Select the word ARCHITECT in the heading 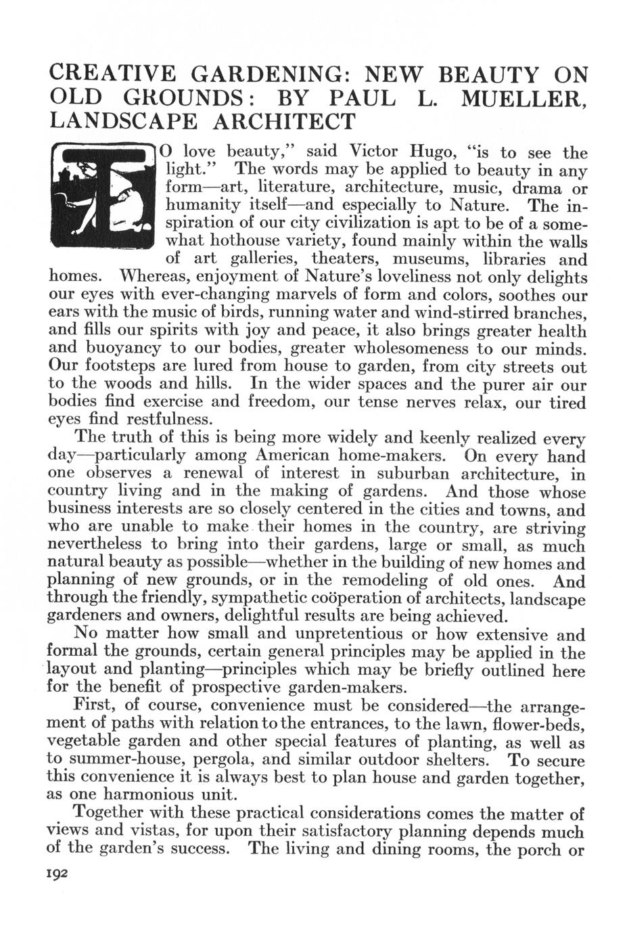tap(285, 121)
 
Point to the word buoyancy tap(124, 350)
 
